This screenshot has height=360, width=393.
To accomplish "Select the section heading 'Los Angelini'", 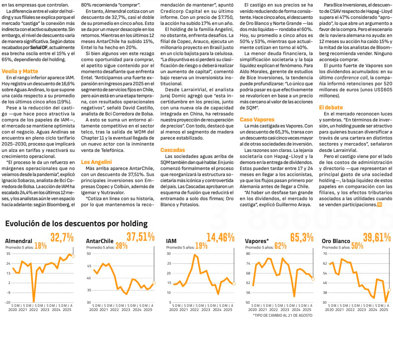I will click(96, 162).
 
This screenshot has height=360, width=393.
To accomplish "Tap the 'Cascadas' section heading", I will click(173, 150).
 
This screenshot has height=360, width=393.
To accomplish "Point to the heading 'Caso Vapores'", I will click(254, 119).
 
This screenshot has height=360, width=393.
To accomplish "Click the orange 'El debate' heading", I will click(331, 107).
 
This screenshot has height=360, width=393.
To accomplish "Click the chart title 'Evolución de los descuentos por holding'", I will click(76, 223).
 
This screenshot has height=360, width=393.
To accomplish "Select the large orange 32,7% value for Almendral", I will click(62, 238).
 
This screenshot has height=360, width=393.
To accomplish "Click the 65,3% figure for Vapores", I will click(301, 238).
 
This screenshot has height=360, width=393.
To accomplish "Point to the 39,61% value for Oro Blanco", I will click(377, 238).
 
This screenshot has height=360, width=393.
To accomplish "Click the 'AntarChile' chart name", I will click(99, 241).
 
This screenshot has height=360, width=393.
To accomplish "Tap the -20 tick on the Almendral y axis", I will click(8, 302).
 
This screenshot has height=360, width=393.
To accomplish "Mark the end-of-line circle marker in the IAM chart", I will click(234, 284).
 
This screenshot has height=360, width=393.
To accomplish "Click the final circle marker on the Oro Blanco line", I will click(389, 290).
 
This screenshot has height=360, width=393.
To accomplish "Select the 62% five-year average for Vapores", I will click(281, 246).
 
